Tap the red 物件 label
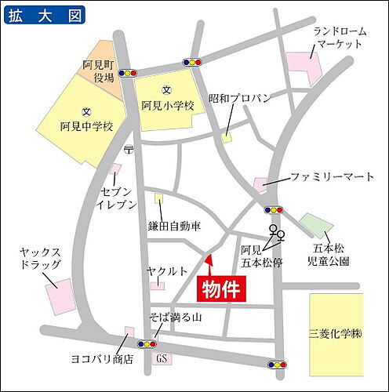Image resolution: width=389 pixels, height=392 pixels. coord(220,289)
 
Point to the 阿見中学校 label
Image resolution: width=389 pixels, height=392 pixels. coord(87,125)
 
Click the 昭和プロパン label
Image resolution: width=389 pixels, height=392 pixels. coord(240,99)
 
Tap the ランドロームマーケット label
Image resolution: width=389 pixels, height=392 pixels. coord(339,37)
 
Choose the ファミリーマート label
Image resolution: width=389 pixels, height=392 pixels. coord(332,177)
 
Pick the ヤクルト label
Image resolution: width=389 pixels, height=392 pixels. coord(165,270)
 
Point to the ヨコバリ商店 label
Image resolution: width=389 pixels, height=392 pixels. coord(101,360)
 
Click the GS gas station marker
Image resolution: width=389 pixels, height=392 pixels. coord(162,359)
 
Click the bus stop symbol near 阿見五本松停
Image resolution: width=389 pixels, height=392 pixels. coord(275,232)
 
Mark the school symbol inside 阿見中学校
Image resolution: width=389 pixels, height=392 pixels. coord(86,111)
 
